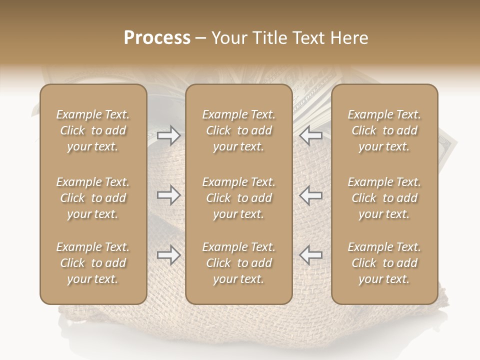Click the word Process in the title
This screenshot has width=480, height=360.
point(157,38)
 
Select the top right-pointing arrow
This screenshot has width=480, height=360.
point(169,135)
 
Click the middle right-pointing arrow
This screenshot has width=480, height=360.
point(169,195)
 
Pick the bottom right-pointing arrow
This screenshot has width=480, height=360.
point(169,255)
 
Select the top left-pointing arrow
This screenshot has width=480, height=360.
point(310,135)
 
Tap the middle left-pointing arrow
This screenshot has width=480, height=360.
point(310,195)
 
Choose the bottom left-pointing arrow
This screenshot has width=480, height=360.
point(310,255)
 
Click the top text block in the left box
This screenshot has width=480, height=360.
point(93,130)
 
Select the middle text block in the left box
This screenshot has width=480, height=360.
point(93,198)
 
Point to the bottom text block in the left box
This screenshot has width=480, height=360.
point(93,263)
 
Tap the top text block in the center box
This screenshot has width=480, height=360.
point(239,130)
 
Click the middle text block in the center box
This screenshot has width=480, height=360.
point(239,198)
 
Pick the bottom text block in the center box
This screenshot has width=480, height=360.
point(239,263)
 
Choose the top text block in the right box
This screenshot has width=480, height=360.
point(384,130)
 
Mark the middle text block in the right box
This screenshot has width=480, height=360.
point(384,198)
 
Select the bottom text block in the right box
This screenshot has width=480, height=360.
point(384,263)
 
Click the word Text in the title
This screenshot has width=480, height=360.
point(307,38)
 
